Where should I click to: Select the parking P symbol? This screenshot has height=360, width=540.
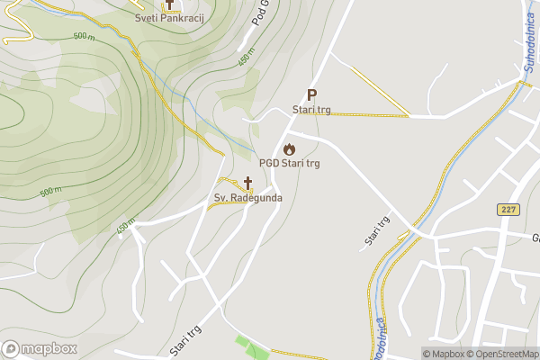click(311, 94)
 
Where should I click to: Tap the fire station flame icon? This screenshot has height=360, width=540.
click(289, 148)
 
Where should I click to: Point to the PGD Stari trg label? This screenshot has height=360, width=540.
click(289, 164)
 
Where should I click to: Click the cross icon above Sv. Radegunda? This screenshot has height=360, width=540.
click(247, 183)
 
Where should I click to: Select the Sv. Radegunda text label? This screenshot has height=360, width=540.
click(248, 197)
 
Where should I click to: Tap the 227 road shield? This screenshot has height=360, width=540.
click(508, 209)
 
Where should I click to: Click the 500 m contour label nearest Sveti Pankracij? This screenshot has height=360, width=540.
click(84, 36)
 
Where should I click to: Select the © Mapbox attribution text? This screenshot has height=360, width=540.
click(443, 354)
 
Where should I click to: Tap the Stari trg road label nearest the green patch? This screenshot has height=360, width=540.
click(183, 340)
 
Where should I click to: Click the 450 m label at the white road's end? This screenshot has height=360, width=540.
click(125, 225)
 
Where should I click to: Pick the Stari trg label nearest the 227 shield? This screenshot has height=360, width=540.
click(377, 230)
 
